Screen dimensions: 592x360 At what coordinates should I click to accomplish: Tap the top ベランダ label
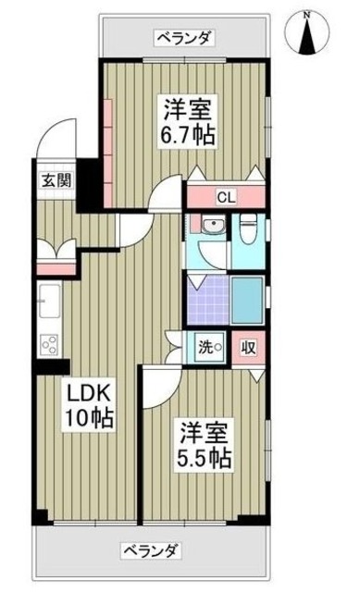(x=183, y=37)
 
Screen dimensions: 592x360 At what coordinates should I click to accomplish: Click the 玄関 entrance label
(x=51, y=180)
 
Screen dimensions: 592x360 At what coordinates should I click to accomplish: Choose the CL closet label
(x=225, y=197)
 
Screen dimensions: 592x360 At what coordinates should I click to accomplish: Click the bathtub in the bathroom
(x=247, y=297)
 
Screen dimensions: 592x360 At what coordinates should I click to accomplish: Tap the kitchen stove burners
(x=49, y=347)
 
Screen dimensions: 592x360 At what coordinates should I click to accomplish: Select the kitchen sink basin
(x=49, y=302)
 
